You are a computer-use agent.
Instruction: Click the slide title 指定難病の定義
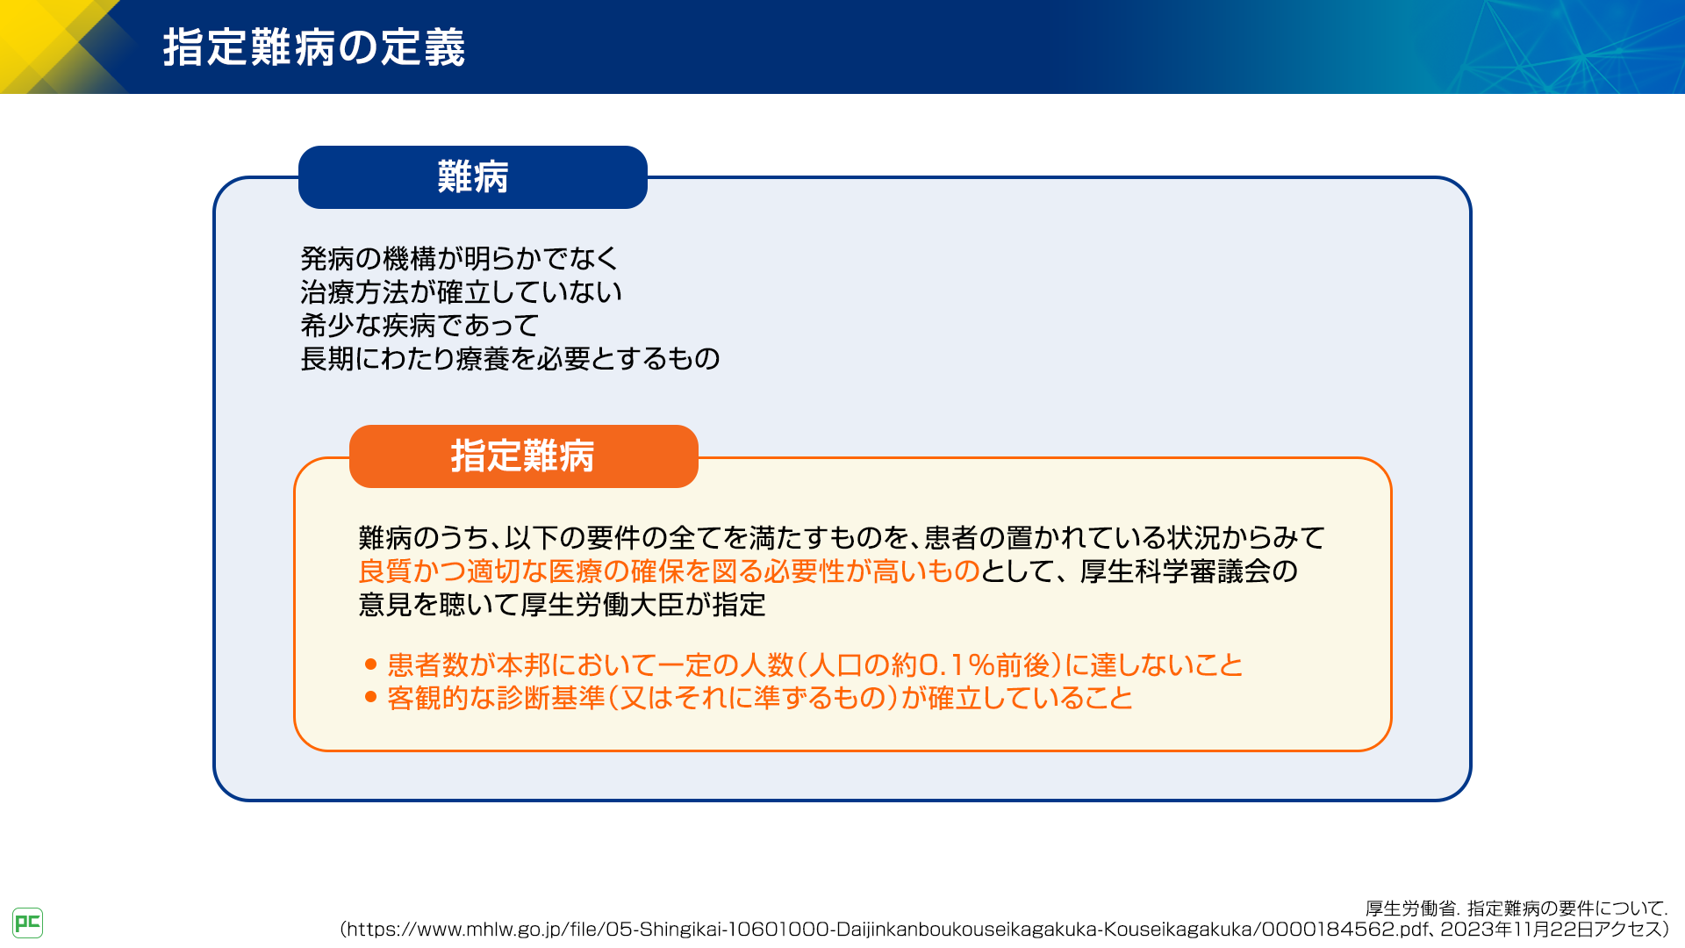(313, 47)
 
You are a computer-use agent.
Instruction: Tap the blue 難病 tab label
(473, 177)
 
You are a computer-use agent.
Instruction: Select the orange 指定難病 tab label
(523, 456)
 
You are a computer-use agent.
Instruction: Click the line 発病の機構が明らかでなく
(460, 258)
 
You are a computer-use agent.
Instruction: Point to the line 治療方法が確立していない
(462, 291)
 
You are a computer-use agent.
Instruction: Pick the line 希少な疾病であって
(419, 325)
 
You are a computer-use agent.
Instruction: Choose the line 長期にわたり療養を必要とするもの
(510, 358)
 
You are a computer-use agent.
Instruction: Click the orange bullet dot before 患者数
(370, 664)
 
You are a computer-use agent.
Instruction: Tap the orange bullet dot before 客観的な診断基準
(370, 698)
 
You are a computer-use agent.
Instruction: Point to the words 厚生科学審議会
(1176, 571)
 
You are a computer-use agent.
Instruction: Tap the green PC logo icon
(28, 923)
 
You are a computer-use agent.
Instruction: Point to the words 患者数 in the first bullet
(428, 664)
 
